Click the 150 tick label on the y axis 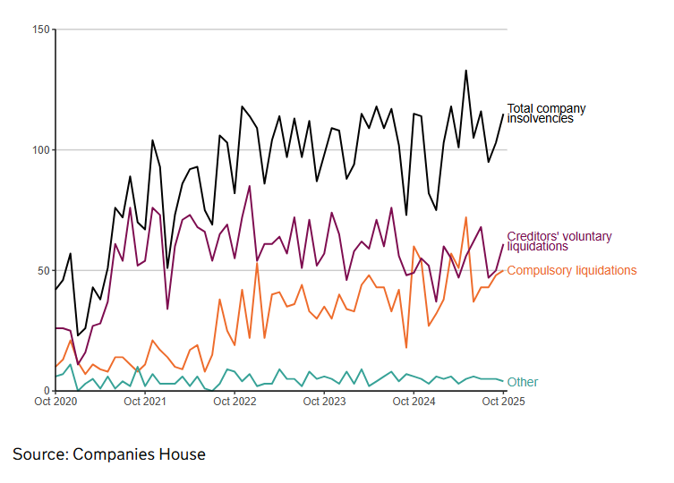click(x=41, y=30)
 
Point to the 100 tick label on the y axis click(x=41, y=150)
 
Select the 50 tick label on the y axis click(x=44, y=270)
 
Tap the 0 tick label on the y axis click(x=47, y=391)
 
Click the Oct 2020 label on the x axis click(x=55, y=402)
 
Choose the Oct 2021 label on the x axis click(x=145, y=402)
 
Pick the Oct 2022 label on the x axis click(x=235, y=402)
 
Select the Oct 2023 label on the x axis click(x=324, y=402)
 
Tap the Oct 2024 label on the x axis click(x=414, y=402)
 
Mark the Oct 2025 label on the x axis click(x=503, y=402)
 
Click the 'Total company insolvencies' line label click(x=546, y=114)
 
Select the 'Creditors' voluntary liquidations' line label click(x=559, y=241)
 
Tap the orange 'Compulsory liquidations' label click(x=572, y=270)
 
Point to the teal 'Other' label click(x=523, y=383)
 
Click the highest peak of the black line click(x=465, y=71)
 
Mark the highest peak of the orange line click(x=465, y=217)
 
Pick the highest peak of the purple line click(x=250, y=186)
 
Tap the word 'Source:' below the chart click(x=40, y=454)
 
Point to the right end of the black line click(x=503, y=114)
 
